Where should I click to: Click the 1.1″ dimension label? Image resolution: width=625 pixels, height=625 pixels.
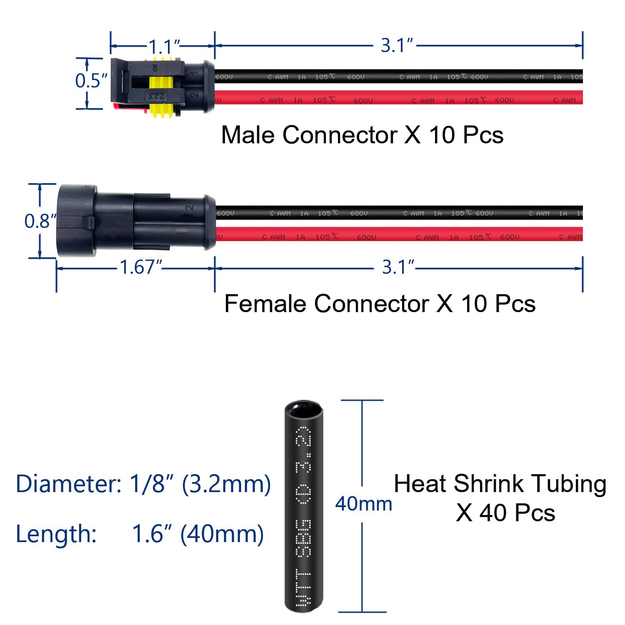click(x=164, y=46)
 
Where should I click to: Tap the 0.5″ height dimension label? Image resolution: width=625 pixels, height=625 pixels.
click(x=91, y=80)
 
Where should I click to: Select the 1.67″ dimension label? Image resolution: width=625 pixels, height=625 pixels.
click(x=140, y=267)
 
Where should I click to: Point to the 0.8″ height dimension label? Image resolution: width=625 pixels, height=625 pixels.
click(x=40, y=221)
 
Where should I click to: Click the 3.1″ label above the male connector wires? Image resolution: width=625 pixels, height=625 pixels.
click(x=397, y=45)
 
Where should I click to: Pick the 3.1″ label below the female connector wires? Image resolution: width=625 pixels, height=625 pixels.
click(x=398, y=267)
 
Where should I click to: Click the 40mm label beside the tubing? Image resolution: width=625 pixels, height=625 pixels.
click(x=363, y=504)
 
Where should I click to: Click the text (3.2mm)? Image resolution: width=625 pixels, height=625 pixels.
click(x=226, y=484)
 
